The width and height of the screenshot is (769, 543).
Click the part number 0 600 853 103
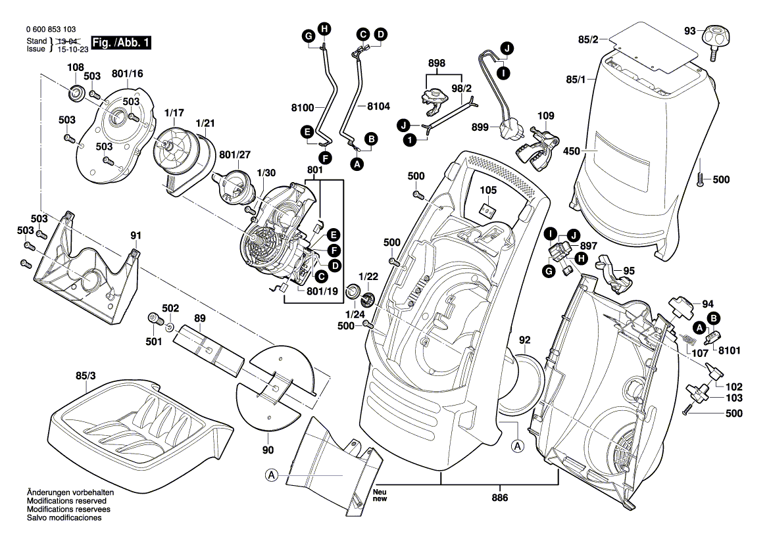[50, 30]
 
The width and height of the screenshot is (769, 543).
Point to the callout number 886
[499, 498]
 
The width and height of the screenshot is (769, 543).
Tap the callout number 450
[572, 151]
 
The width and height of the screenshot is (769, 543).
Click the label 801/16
[127, 74]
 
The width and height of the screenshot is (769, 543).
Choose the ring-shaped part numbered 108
[76, 93]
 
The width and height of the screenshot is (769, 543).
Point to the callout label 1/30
[266, 172]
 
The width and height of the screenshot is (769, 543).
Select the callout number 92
[524, 341]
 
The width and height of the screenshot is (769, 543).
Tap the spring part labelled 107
[687, 341]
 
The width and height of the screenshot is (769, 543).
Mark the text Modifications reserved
[64, 501]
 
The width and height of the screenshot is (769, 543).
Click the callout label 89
[199, 319]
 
